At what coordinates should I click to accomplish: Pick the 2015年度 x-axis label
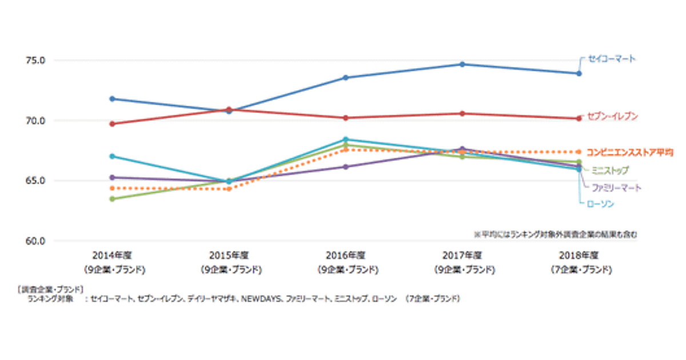tap(230, 255)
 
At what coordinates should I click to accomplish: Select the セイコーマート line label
tap(612, 59)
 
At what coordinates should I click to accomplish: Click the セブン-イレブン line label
tap(612, 117)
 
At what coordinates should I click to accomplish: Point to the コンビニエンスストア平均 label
tap(629, 153)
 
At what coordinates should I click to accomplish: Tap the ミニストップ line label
tap(610, 170)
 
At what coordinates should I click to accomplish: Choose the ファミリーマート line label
tap(616, 187)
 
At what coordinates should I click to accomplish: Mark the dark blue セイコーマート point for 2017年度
tap(462, 64)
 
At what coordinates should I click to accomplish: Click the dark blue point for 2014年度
tap(112, 99)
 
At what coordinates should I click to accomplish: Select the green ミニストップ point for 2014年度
tap(112, 199)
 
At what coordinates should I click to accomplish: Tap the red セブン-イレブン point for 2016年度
tap(345, 118)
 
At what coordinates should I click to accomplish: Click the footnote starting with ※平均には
tap(555, 234)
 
